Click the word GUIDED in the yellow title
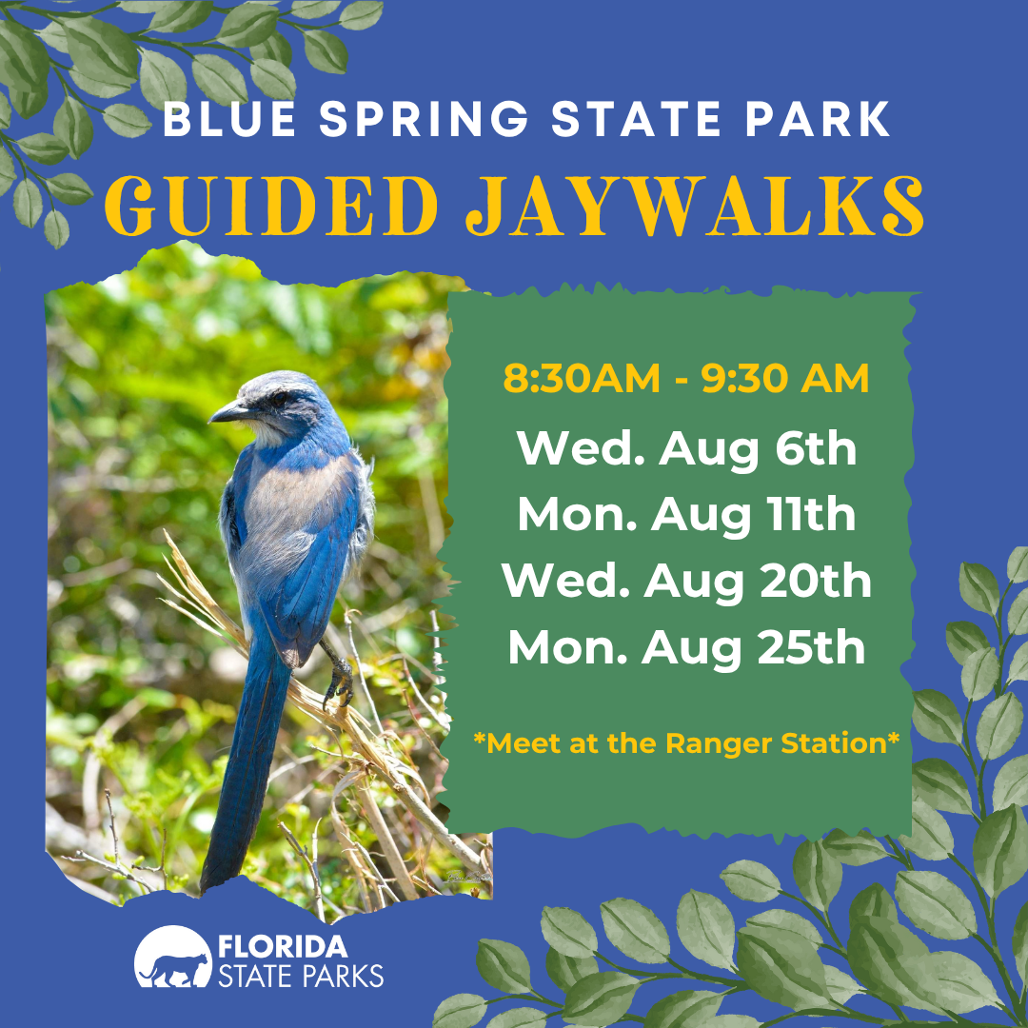(271, 207)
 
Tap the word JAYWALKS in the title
(694, 207)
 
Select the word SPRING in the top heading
(424, 119)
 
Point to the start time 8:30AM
(582, 379)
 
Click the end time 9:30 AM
(785, 379)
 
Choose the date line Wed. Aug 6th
(686, 449)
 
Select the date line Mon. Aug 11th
(686, 516)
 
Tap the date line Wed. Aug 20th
(686, 583)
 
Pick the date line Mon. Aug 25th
(686, 648)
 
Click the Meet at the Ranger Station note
(686, 743)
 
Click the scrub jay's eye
(280, 398)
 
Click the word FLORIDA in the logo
(283, 947)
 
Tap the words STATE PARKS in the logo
(300, 976)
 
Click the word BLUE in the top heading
(228, 119)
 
